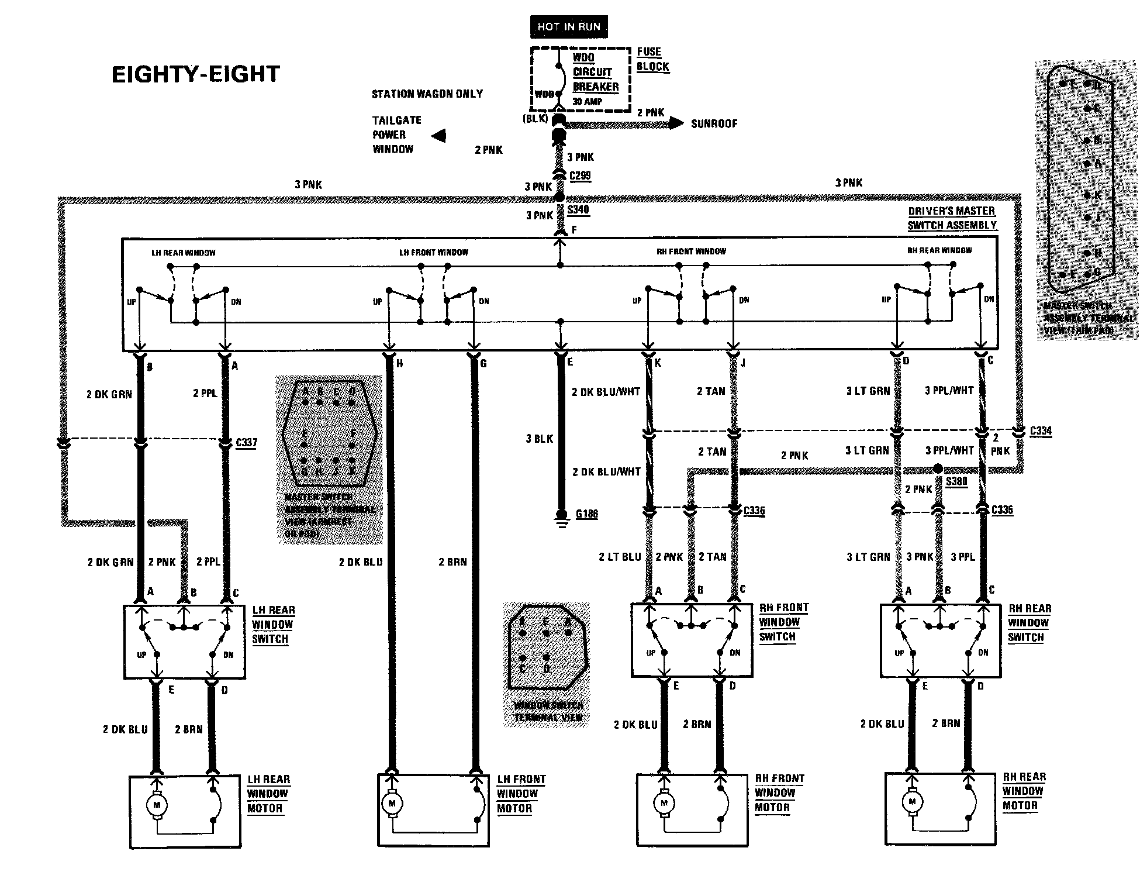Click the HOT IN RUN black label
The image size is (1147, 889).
click(x=568, y=27)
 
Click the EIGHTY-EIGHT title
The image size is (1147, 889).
click(x=196, y=75)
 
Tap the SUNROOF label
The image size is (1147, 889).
click(x=714, y=124)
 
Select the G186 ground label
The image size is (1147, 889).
click(x=586, y=514)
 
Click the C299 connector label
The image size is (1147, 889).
click(x=579, y=175)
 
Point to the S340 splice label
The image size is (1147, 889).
click(x=578, y=209)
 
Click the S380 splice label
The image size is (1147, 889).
click(x=956, y=481)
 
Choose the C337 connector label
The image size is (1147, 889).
click(x=246, y=443)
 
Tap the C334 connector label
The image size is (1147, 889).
click(x=1040, y=431)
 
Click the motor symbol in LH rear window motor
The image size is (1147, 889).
click(x=156, y=805)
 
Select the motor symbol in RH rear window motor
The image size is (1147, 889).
click(x=911, y=802)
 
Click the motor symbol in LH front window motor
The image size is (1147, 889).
click(x=392, y=804)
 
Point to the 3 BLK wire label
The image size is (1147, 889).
click(x=539, y=439)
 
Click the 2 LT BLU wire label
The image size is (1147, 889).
click(x=619, y=557)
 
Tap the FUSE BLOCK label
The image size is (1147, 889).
click(x=652, y=59)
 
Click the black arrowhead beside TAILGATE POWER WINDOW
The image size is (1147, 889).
click(x=438, y=136)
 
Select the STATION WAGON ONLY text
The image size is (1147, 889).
click(x=427, y=94)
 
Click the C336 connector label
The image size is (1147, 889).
click(x=754, y=511)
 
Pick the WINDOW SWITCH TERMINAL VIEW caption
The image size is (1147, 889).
click(x=548, y=711)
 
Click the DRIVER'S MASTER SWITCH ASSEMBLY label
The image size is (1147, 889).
click(x=951, y=218)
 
